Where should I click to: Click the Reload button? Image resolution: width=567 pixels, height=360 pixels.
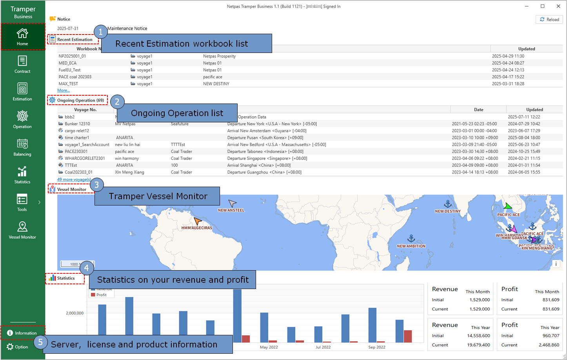coord(549,19)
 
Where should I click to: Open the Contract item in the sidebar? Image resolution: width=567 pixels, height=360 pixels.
coord(22,64)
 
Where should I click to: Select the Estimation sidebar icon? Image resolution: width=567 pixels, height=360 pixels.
coord(22,92)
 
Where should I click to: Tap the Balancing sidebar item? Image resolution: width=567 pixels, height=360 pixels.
coord(22,147)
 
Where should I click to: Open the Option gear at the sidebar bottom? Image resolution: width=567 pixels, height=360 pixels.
coord(17,347)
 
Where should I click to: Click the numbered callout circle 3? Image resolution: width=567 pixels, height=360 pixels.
coord(97,185)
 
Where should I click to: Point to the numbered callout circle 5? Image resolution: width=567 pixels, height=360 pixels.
coord(40,342)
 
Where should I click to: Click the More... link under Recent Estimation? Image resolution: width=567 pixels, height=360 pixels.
coord(64,90)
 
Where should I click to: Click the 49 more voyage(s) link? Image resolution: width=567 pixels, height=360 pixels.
coord(74,179)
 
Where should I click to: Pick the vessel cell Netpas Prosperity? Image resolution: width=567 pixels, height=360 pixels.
coord(219,56)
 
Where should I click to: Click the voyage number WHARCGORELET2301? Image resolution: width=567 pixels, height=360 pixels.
coord(85,158)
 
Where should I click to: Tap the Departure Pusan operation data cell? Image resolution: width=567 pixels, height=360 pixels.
coord(265,138)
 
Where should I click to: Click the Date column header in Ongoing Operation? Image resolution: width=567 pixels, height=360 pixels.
coord(478,110)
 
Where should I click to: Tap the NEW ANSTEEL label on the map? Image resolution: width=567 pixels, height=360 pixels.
coord(231,210)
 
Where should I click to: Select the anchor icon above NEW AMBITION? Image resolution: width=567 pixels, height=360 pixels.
coord(411,238)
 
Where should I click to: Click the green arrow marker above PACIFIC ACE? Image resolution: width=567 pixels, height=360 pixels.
coord(508,206)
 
